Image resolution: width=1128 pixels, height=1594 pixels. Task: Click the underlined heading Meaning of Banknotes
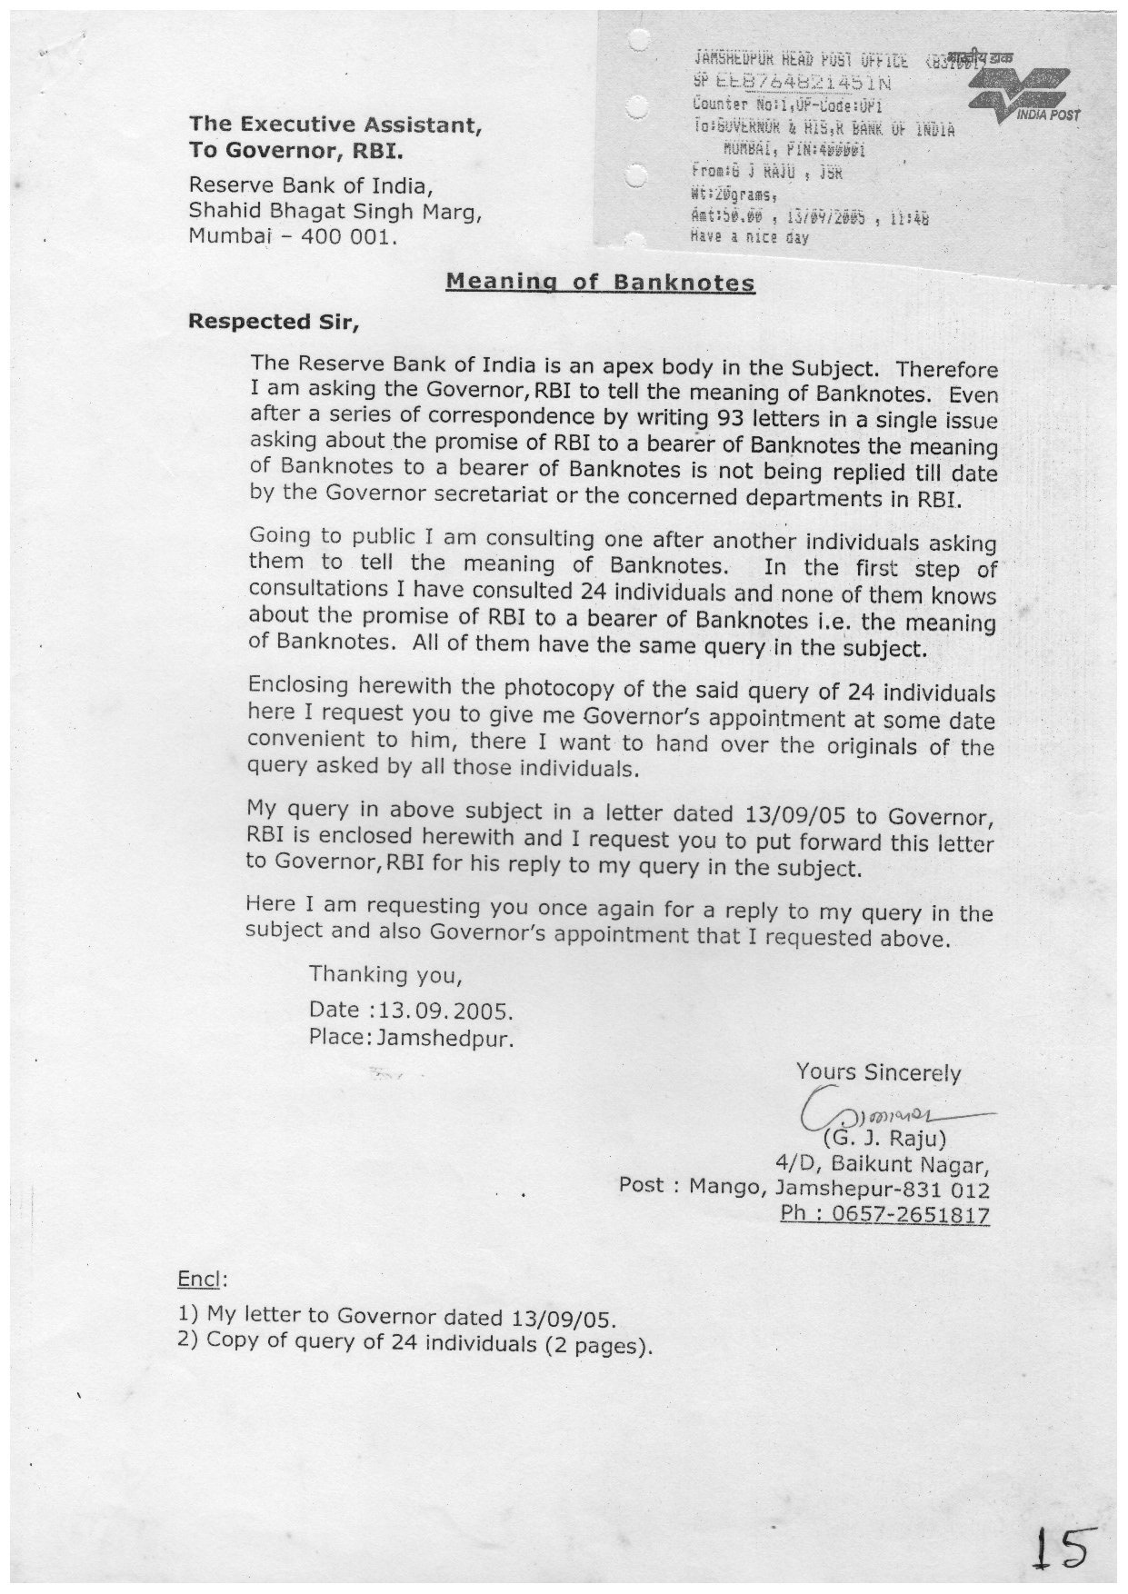(x=600, y=282)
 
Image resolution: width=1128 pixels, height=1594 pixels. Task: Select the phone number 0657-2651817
(x=884, y=1216)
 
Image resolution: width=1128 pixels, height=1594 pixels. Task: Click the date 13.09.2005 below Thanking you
(x=444, y=1011)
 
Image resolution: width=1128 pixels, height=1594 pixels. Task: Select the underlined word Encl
(x=198, y=1280)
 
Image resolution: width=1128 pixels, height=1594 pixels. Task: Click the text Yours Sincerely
(x=877, y=1073)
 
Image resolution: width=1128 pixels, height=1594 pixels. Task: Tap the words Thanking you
(x=385, y=975)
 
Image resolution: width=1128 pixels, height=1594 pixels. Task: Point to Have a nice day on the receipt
(x=750, y=239)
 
